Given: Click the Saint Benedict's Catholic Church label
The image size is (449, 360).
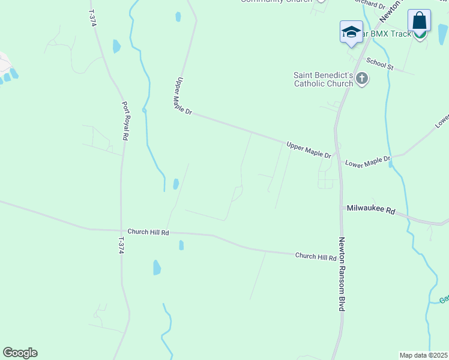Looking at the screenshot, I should (323, 79).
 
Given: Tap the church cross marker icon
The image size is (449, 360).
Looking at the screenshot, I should (362, 79).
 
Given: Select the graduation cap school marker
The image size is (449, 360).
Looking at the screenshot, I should (351, 32).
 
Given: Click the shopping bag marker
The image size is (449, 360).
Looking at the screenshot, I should (419, 21).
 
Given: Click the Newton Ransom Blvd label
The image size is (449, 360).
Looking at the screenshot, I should (342, 273).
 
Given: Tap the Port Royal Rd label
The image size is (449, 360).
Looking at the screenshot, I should (125, 121).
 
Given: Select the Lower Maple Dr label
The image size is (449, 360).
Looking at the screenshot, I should (368, 161).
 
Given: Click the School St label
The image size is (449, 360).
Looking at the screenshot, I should (379, 64).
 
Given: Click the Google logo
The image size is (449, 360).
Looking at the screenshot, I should (20, 353).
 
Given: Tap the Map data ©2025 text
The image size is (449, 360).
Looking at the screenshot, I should (423, 355).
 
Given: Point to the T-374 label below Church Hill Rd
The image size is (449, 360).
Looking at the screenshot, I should (121, 245).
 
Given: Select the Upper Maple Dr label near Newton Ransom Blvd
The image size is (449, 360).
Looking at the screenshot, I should (309, 150).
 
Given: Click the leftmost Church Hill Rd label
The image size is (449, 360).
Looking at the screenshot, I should (148, 232).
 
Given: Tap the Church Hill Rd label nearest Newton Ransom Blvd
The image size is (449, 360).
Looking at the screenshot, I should (316, 257).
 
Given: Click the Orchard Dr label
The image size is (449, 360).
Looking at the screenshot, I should (369, 4).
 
